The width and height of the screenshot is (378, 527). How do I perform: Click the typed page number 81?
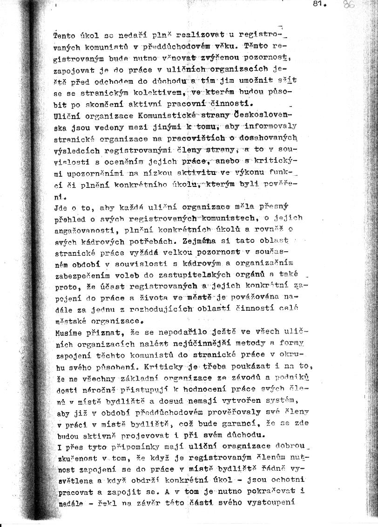319,5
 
